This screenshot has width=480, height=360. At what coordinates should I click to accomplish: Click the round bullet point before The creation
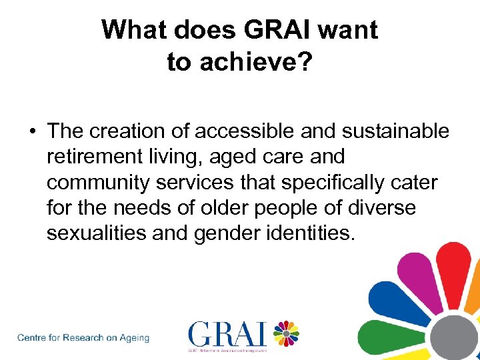32,132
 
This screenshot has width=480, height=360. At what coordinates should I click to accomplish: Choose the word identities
316,233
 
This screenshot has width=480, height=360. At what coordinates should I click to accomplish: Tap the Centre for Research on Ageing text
83,337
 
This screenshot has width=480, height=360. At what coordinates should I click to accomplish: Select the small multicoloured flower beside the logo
286,333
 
